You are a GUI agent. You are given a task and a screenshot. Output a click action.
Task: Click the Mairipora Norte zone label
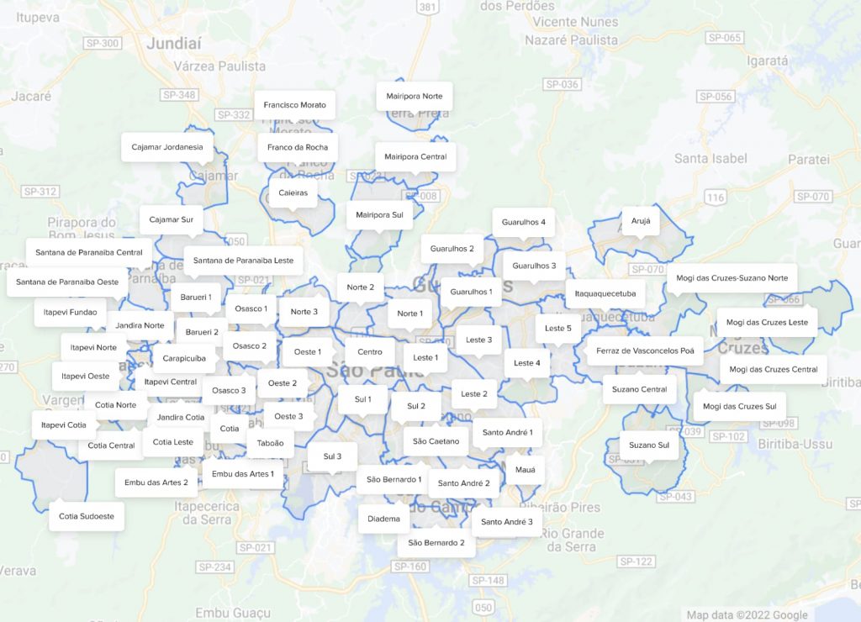(x=415, y=96)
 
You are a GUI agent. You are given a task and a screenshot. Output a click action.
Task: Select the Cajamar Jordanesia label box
(x=167, y=147)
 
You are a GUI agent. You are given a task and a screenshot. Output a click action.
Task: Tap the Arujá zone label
(x=641, y=220)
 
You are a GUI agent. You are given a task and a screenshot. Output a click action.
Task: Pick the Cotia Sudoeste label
(x=87, y=516)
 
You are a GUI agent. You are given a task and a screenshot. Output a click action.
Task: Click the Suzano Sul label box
(x=650, y=445)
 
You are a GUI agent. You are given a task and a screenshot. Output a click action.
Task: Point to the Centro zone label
(x=370, y=352)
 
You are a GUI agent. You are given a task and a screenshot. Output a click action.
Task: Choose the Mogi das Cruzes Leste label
(x=767, y=322)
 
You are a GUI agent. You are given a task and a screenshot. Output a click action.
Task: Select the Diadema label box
(x=383, y=519)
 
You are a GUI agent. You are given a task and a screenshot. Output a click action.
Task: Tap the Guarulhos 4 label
(x=523, y=222)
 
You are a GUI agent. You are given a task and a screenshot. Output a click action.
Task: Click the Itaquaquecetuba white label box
(x=605, y=294)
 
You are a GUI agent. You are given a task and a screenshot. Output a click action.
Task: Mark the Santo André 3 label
(x=506, y=522)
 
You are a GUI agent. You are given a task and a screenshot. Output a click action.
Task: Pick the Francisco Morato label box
(x=294, y=105)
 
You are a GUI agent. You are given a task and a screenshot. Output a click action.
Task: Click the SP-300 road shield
(x=103, y=42)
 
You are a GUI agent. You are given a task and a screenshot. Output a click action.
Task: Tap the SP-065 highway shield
(x=725, y=38)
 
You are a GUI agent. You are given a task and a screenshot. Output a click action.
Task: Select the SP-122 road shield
(x=635, y=561)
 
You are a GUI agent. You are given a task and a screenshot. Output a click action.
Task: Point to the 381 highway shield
(x=427, y=8)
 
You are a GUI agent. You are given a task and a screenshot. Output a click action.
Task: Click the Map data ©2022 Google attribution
(x=747, y=615)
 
